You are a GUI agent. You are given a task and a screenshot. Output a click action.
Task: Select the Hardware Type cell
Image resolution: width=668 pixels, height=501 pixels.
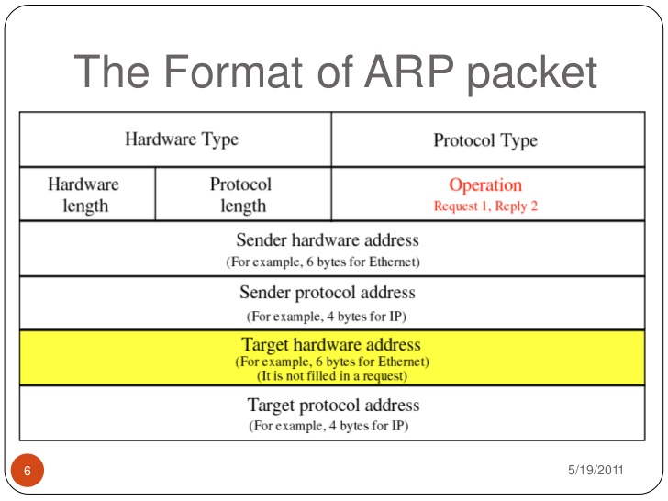pos(182,139)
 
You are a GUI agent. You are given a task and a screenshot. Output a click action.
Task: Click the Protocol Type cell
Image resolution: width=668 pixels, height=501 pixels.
pos(484,140)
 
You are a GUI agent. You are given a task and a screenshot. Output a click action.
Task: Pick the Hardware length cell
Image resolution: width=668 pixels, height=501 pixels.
pos(83,195)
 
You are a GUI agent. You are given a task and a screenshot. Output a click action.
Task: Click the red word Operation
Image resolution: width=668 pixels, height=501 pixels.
pos(485,184)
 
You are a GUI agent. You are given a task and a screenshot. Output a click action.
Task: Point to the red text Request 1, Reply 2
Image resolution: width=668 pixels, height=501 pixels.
pos(485,206)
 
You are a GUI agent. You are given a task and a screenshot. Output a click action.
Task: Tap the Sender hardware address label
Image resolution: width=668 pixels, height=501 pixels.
pos(328,240)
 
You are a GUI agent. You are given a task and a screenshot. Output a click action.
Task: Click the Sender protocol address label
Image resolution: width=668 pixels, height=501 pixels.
pos(328,294)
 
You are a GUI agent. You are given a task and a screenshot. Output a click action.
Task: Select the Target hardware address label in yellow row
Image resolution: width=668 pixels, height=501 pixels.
pos(330,345)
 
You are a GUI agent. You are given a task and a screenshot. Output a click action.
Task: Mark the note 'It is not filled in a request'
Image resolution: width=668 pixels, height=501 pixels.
pos(330,374)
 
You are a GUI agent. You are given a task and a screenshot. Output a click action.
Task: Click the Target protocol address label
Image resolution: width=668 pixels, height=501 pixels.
pos(333,405)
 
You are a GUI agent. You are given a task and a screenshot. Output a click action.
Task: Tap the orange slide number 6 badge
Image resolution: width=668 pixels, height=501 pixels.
pos(27,472)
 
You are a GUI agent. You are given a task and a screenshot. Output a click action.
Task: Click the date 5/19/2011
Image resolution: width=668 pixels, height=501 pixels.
pos(596,471)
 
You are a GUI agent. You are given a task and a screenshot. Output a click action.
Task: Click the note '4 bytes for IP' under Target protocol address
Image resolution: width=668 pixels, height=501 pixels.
pos(328,427)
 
